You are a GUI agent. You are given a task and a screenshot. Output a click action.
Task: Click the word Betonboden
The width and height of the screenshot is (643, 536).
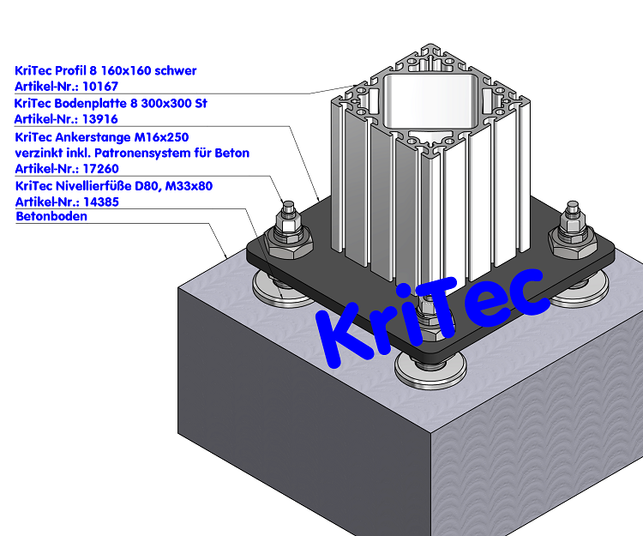pyautogui.click(x=51, y=217)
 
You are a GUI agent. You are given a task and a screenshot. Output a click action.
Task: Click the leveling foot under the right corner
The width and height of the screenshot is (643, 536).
pyautogui.click(x=576, y=296)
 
